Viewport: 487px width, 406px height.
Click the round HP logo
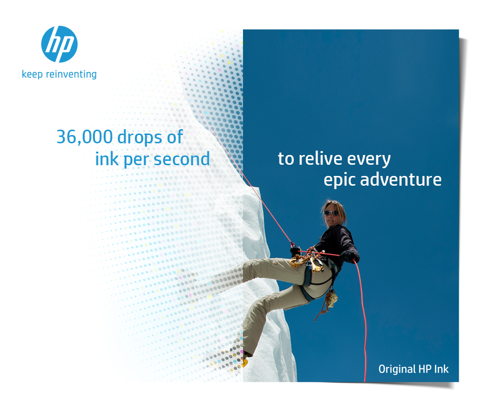point(59,44)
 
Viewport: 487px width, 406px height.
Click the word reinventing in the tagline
point(71,74)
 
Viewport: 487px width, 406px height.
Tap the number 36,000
point(84,137)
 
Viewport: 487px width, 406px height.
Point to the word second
point(182,159)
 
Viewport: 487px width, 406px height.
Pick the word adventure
point(401,180)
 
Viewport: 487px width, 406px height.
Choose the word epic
point(339,181)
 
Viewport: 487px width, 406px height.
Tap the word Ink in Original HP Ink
point(441,369)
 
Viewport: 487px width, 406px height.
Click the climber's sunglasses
point(331,213)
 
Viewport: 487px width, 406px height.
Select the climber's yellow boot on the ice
point(245,361)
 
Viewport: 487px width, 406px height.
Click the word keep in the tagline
point(32,75)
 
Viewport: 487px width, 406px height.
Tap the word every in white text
point(369,159)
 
